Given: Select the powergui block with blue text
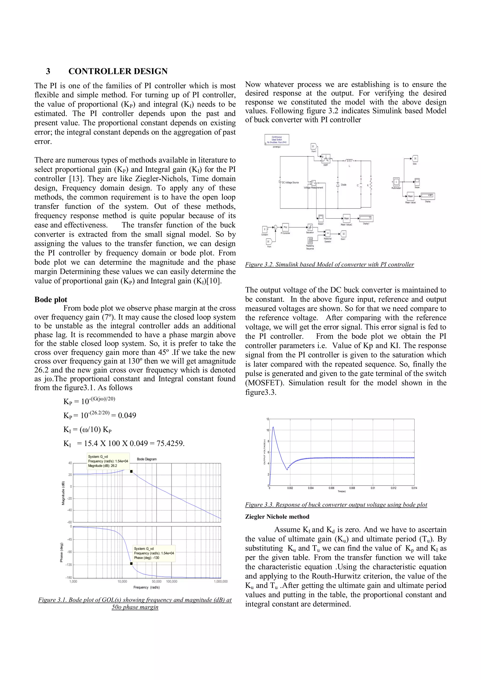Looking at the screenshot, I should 277,139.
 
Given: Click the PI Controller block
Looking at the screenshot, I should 286,228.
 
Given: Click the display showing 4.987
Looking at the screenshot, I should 428,196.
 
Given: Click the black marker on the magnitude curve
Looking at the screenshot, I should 131,471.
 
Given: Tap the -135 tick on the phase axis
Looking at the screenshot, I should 69,564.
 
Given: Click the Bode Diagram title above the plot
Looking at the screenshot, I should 147,459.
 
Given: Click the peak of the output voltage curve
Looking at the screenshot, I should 273,427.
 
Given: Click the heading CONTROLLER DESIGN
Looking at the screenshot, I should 118,71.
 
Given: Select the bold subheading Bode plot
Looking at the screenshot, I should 51,299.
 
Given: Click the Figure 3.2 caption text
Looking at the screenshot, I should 329,264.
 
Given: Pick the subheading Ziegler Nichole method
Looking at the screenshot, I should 277,517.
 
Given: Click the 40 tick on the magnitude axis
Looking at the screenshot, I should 70,463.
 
